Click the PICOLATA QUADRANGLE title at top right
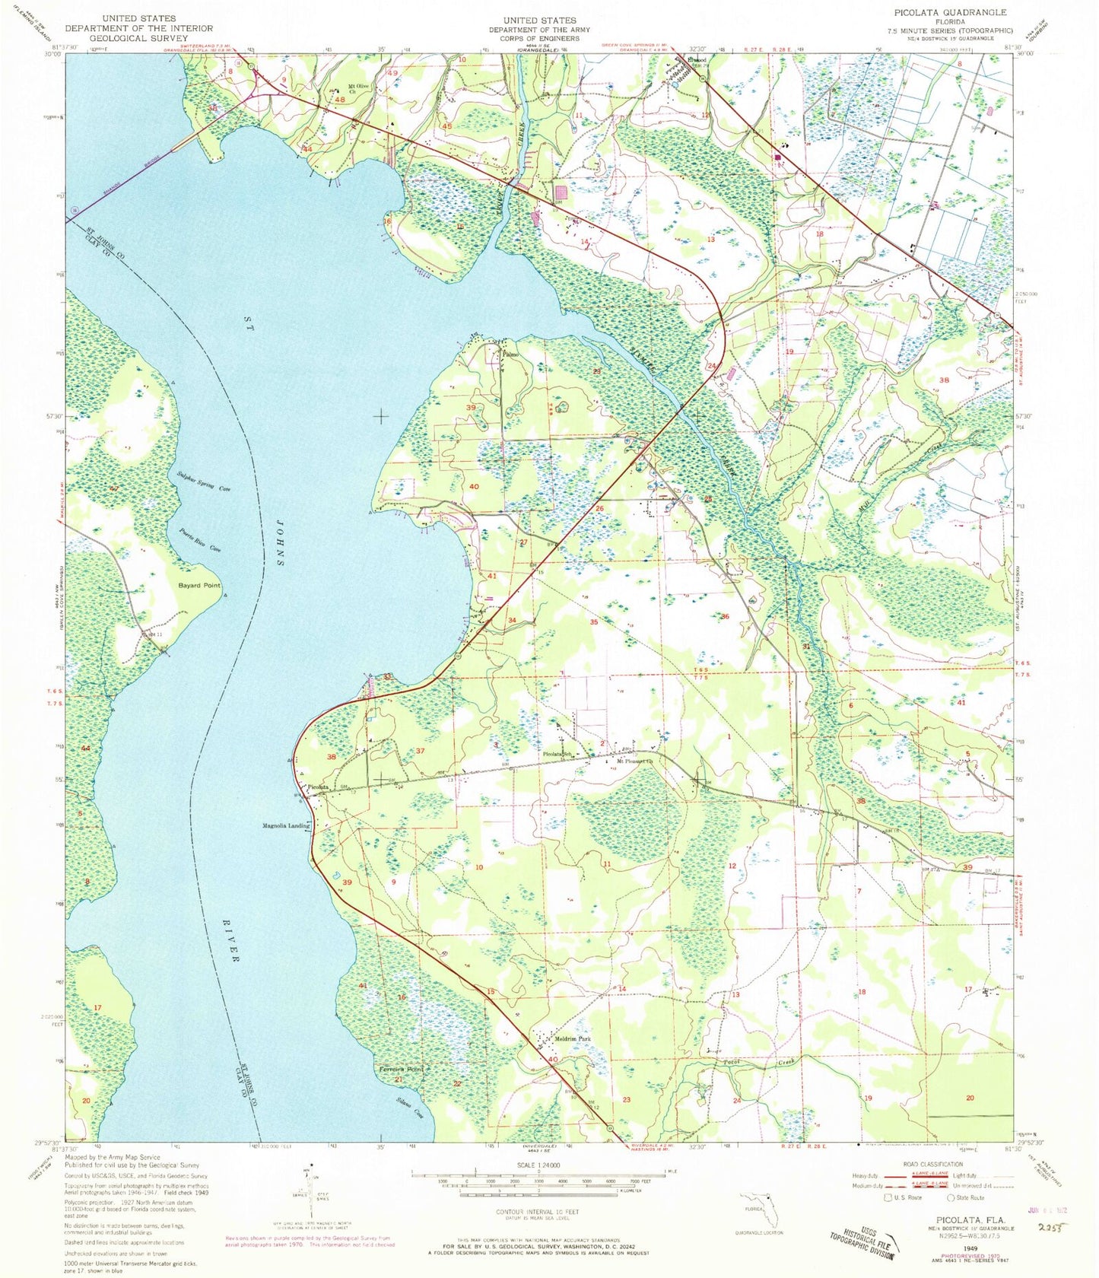(x=962, y=12)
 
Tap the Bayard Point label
(x=200, y=585)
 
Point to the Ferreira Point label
(x=401, y=1069)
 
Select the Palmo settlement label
(x=510, y=354)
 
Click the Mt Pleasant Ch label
(x=635, y=761)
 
